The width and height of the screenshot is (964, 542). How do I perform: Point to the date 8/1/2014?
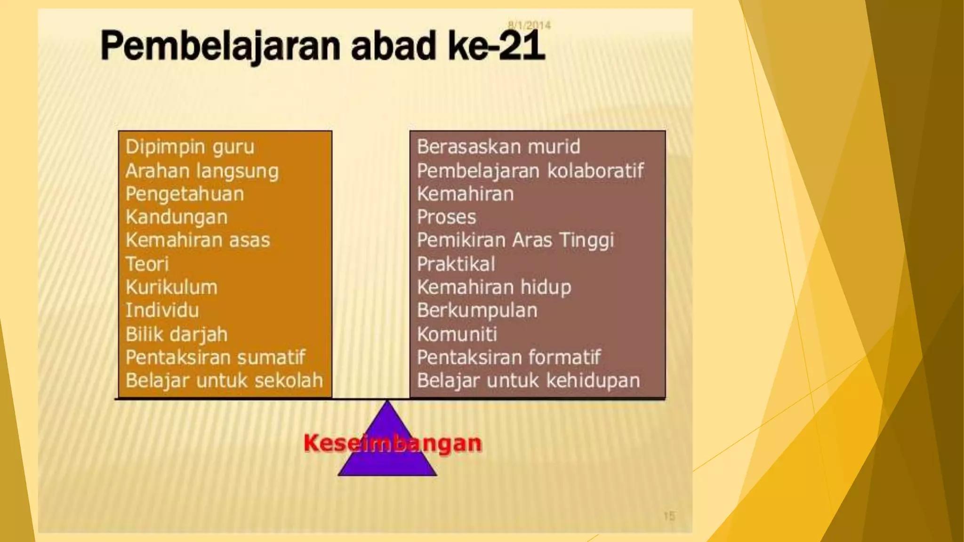tap(529, 25)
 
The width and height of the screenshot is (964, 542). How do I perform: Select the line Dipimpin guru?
tap(190, 147)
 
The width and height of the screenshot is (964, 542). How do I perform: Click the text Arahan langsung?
tap(202, 171)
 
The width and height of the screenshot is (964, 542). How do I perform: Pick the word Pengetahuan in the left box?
tap(185, 194)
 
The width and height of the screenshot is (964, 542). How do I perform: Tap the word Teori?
tap(147, 264)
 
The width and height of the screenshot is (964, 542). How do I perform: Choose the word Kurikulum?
tap(171, 287)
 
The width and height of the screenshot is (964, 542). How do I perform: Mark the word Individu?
tap(162, 311)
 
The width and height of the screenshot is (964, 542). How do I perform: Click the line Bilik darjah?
tap(177, 334)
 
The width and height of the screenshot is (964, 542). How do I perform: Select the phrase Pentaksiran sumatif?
tap(215, 358)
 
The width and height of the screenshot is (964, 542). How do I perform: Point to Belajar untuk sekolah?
tap(224, 381)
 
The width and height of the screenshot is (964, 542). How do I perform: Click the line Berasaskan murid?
tap(498, 147)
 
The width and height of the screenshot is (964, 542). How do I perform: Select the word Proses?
tap(446, 217)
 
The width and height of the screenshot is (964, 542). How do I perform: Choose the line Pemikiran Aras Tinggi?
tap(515, 240)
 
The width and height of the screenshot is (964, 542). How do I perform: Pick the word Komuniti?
tap(457, 334)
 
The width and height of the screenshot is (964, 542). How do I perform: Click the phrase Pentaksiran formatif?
tap(509, 358)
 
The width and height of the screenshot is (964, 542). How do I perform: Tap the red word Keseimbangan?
tap(393, 443)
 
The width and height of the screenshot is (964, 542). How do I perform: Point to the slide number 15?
tap(669, 516)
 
